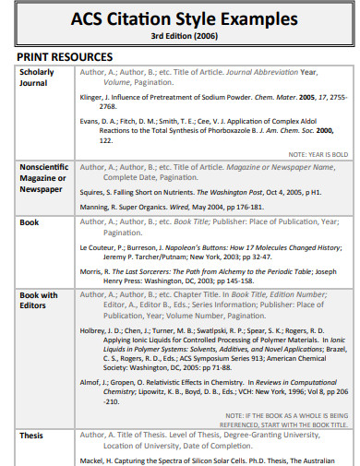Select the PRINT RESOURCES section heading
(62, 56)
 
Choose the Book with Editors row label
(39, 302)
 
